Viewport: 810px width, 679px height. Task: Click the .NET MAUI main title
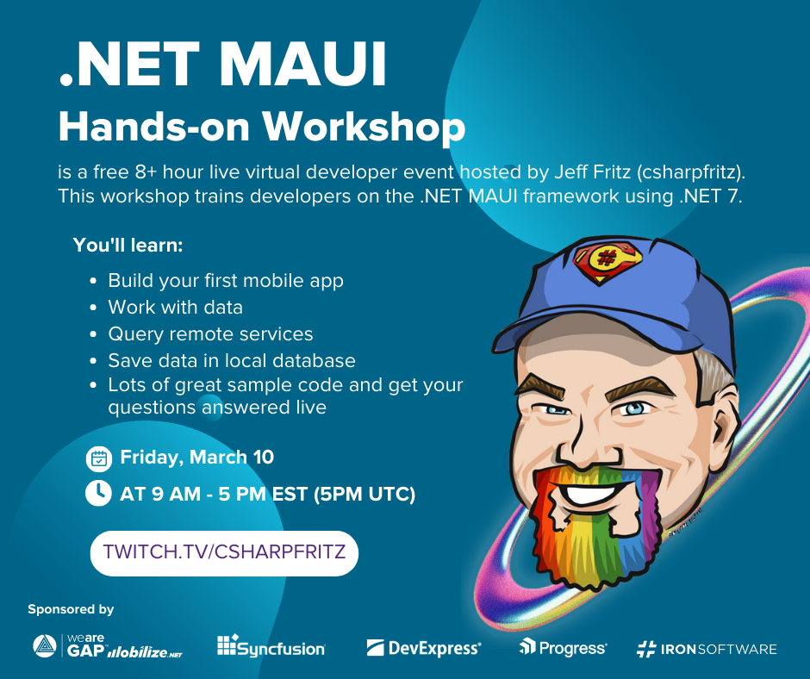click(222, 64)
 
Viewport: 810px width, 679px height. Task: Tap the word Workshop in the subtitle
click(364, 127)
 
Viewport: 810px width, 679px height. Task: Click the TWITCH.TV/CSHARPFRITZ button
click(224, 553)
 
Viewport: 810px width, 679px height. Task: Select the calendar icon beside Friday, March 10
click(99, 459)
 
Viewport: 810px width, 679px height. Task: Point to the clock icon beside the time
click(98, 493)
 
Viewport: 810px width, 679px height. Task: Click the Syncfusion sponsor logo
click(271, 647)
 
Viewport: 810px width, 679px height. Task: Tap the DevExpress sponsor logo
click(424, 648)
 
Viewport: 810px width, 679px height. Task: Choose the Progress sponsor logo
click(563, 647)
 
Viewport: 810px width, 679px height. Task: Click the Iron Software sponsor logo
click(707, 649)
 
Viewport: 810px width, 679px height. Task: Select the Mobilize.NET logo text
click(145, 652)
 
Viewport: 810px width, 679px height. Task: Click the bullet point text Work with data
click(175, 308)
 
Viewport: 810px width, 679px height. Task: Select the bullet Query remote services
click(210, 334)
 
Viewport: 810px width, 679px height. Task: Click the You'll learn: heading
click(128, 245)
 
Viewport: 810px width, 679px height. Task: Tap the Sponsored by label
click(71, 610)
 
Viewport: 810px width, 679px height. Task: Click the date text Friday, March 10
click(196, 458)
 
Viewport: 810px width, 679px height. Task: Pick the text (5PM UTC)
click(364, 494)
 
